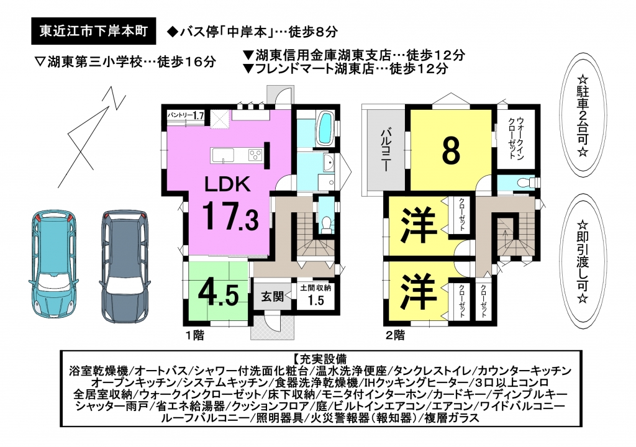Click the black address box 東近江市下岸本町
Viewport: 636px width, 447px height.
coord(94,31)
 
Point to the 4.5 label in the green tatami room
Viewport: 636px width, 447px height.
coord(218,294)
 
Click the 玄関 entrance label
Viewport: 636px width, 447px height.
coord(272,297)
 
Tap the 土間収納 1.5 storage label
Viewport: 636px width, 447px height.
coord(316,294)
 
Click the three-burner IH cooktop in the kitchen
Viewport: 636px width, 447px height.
coord(255,155)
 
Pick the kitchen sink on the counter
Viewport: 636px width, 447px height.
coord(222,155)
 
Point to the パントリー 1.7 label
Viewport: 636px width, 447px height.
coord(186,115)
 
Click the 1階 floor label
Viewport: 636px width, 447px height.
coord(194,335)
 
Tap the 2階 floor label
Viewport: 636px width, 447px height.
coord(395,335)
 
